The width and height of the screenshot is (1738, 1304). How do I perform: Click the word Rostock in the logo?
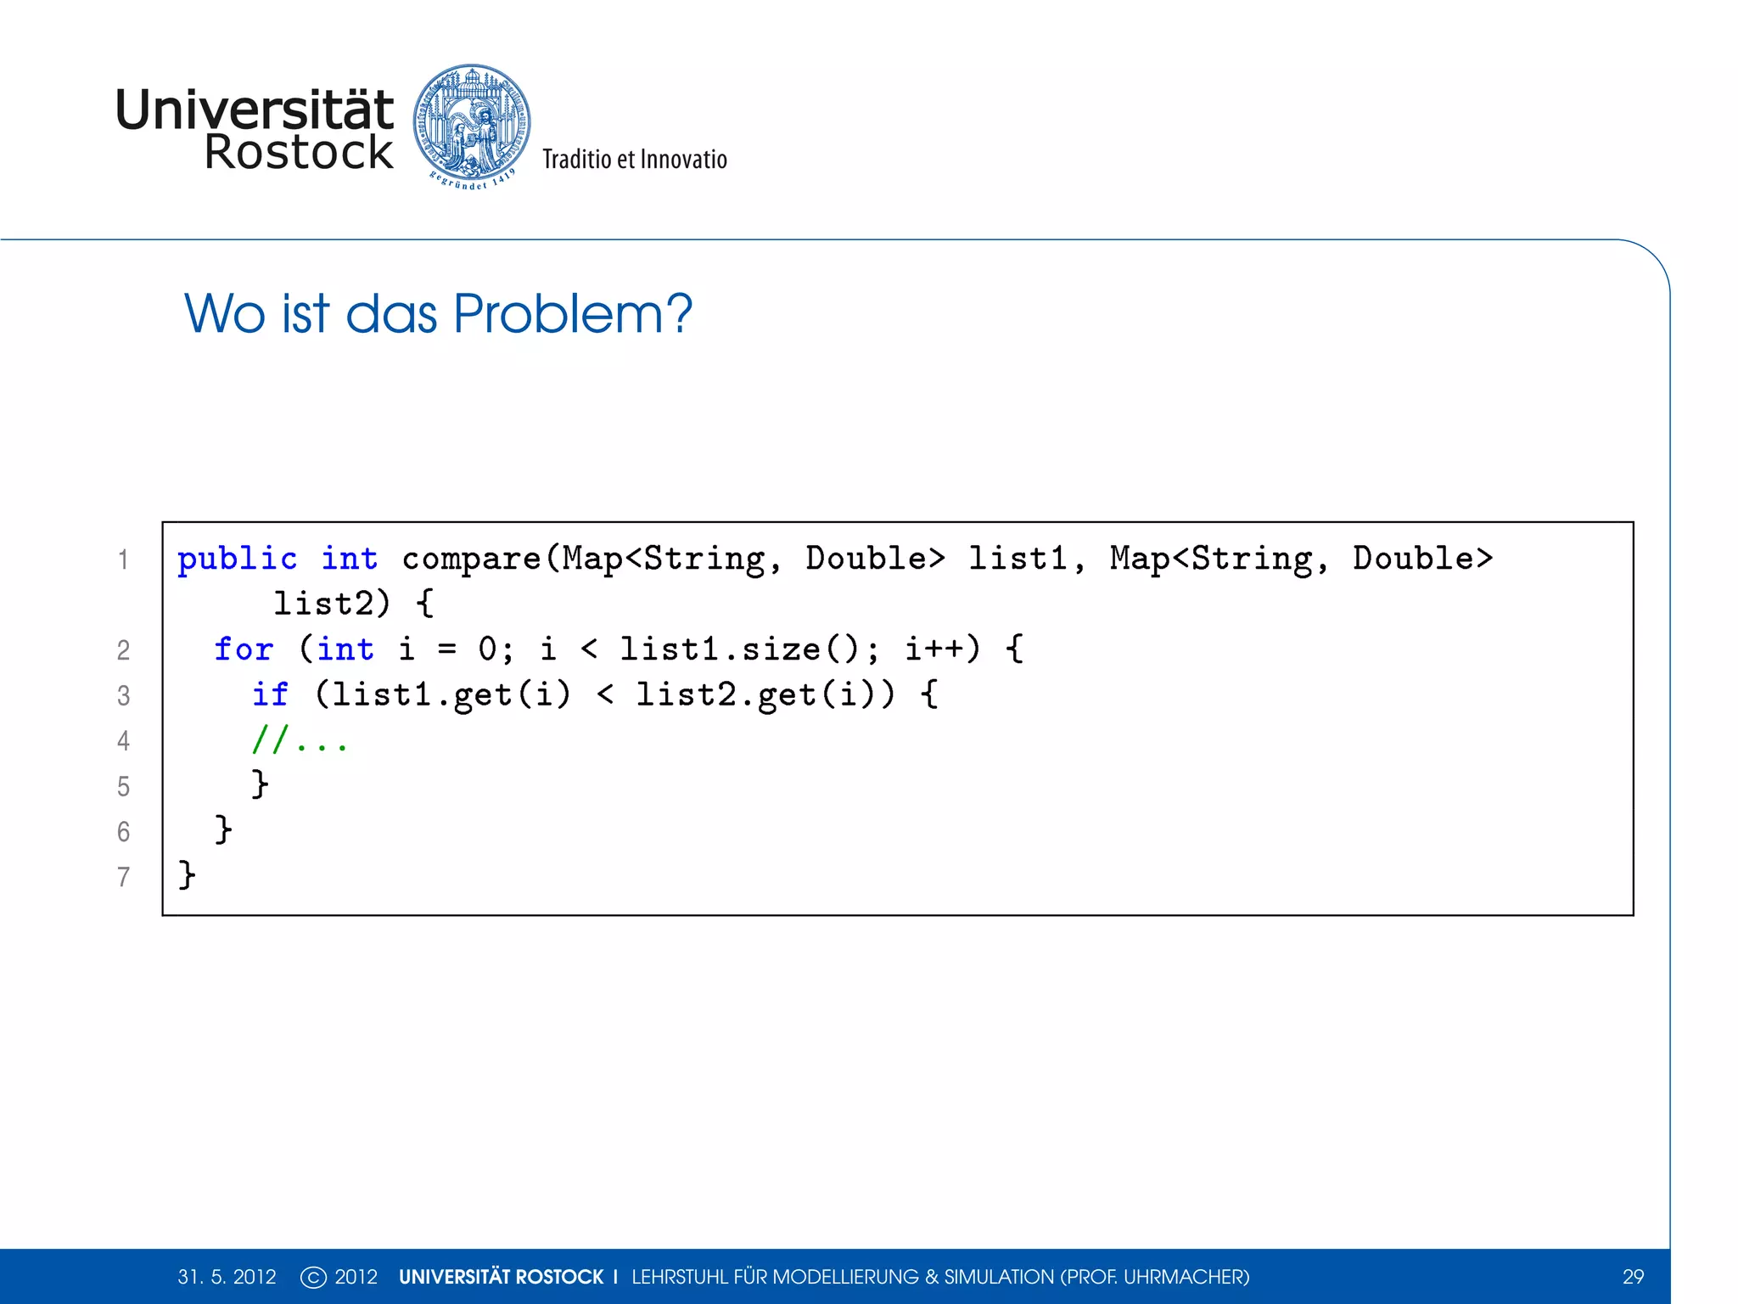pos(299,153)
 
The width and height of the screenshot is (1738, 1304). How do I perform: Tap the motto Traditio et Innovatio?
pos(635,160)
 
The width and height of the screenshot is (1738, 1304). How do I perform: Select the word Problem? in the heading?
pos(573,313)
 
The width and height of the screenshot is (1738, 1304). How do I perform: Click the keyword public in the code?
pos(237,559)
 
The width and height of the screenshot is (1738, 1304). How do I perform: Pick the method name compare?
pos(471,559)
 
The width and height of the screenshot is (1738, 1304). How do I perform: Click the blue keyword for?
pos(244,649)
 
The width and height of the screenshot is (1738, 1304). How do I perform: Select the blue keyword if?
pos(270,694)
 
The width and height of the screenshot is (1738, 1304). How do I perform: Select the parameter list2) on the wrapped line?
pos(331,604)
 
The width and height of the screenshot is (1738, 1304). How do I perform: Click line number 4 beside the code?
pos(124,741)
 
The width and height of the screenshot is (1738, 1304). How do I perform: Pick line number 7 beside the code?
pos(124,877)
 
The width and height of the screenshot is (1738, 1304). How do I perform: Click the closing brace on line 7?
pos(187,874)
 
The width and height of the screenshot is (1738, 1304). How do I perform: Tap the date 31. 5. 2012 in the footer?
pos(227,1277)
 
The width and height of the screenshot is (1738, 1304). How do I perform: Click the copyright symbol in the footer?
pos(313,1277)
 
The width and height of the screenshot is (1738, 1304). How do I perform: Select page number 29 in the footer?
pos(1633,1277)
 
